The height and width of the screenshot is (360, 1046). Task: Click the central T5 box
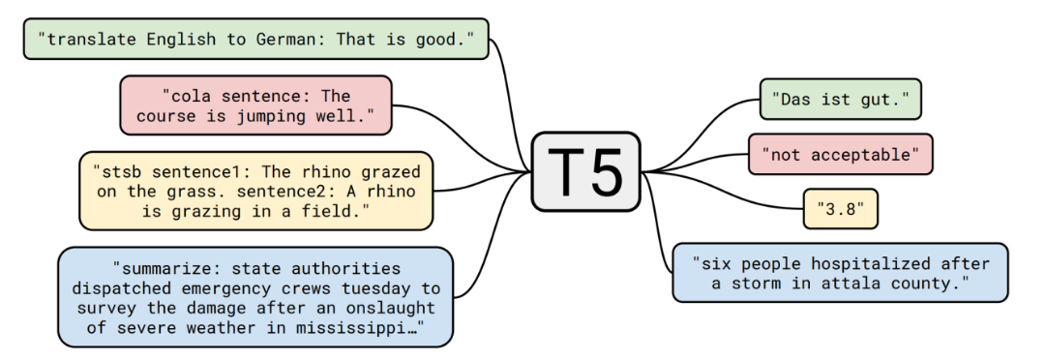tap(585, 171)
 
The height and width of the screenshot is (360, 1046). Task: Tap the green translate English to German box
tap(256, 39)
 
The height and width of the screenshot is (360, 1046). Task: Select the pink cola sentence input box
tap(255, 105)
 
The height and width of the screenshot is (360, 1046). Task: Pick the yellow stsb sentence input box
tap(256, 191)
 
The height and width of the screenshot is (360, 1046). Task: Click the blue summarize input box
tap(256, 297)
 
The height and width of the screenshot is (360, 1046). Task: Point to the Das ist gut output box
tap(841, 100)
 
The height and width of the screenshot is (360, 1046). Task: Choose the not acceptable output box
tap(841, 154)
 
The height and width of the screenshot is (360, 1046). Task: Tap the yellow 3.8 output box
tap(841, 208)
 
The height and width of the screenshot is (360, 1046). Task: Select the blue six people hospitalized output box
tap(841, 273)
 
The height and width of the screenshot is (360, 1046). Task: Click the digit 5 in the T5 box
tap(604, 172)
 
